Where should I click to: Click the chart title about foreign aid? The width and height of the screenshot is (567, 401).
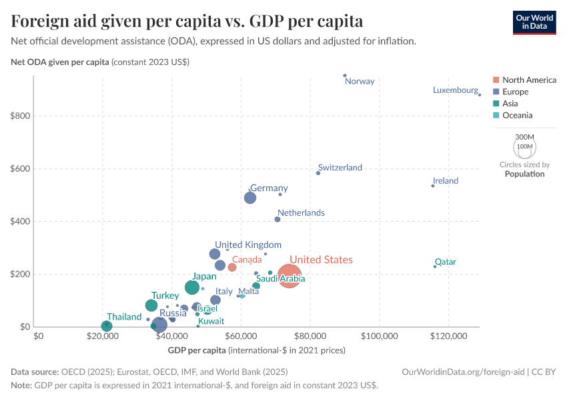coord(187,21)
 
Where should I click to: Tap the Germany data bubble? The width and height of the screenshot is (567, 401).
coord(250,198)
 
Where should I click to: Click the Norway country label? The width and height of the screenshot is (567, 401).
coord(360,82)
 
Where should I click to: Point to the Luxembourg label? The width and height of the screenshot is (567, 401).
coord(455,90)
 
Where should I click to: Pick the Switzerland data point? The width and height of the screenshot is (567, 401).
coord(318,173)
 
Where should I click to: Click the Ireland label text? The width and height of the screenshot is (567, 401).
coord(445,181)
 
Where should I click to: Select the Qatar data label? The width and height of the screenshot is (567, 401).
coord(445,262)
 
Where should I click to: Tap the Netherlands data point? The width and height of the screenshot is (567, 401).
coord(277,219)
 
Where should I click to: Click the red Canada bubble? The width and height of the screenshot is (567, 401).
coord(232,267)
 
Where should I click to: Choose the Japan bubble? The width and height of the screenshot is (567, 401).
coord(192,287)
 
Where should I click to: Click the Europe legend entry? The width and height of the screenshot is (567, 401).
coord(515,92)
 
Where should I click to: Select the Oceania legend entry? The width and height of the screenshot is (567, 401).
coord(517,116)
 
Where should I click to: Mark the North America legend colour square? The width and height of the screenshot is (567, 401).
coord(496,80)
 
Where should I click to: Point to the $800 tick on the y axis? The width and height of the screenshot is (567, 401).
coord(20,116)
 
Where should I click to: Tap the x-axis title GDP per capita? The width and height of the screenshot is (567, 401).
coord(197,350)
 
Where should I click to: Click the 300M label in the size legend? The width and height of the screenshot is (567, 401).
coord(525,136)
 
